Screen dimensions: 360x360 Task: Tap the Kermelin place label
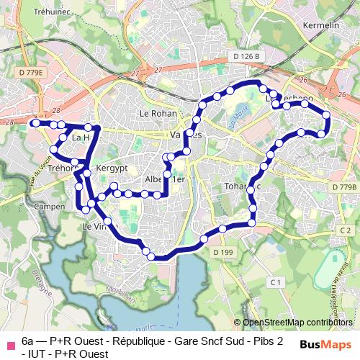click(x=322, y=25)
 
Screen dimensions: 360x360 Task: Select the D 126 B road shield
click(x=246, y=56)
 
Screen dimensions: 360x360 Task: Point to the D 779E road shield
click(x=31, y=73)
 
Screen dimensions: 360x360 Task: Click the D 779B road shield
click(x=344, y=186)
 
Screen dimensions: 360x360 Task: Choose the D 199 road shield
click(x=223, y=252)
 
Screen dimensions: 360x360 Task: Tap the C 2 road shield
click(x=346, y=230)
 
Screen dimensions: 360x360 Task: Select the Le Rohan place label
click(x=154, y=113)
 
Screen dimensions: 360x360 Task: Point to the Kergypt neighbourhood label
click(x=112, y=166)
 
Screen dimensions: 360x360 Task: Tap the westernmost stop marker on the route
click(x=35, y=124)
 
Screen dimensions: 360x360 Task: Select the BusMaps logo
click(x=325, y=345)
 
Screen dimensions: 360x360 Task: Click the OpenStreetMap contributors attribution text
click(x=298, y=323)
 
